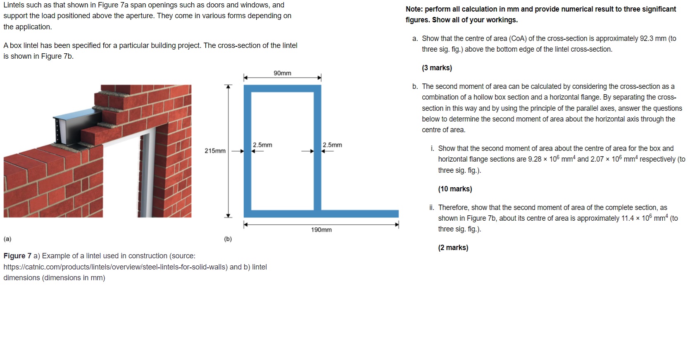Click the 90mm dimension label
[282, 73]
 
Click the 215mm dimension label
[215, 151]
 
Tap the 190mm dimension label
[321, 230]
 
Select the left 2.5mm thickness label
[262, 145]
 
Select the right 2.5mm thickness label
[332, 145]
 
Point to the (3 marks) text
[437, 68]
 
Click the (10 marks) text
[455, 189]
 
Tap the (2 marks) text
[453, 248]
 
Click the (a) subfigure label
[7, 239]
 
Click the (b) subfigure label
[228, 239]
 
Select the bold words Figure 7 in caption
[17, 256]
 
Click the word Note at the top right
[414, 9]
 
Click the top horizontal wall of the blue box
[282, 88]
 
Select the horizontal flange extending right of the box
[359, 214]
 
